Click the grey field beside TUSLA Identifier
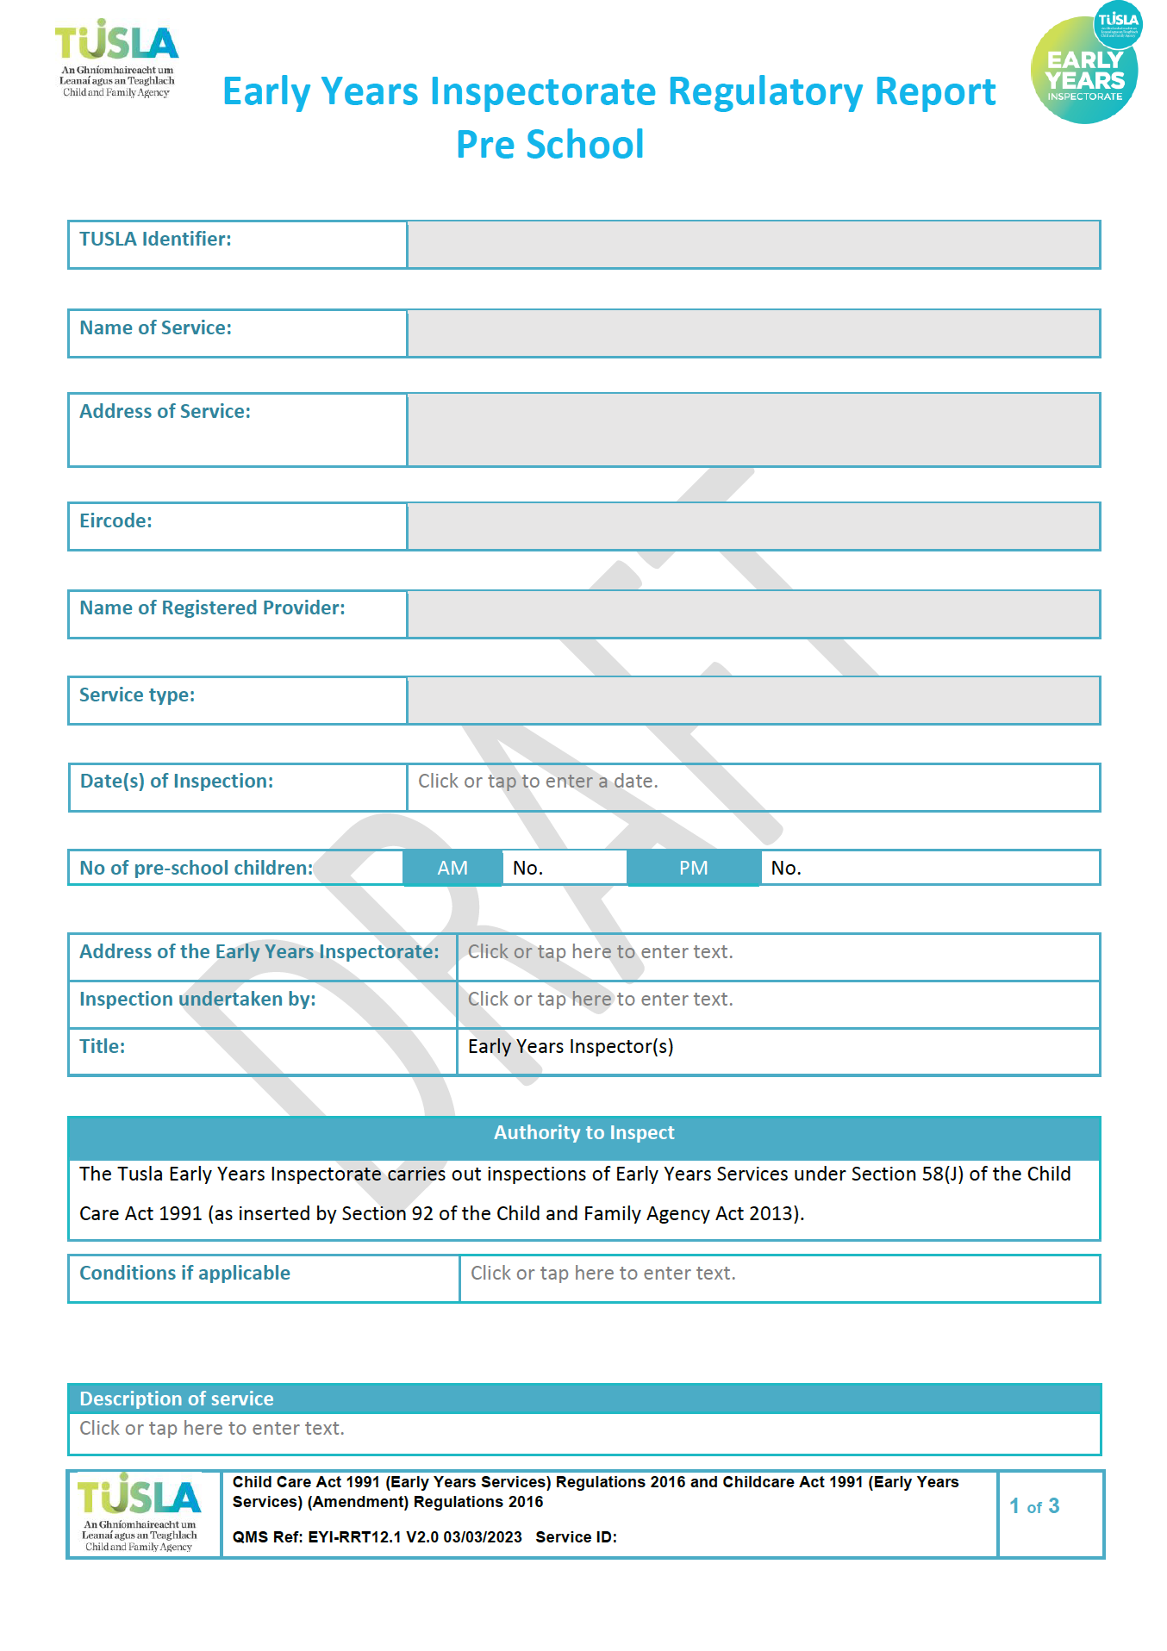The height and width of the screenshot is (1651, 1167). tap(753, 245)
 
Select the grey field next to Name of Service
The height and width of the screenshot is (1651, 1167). tap(753, 333)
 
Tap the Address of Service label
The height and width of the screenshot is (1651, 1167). tap(165, 412)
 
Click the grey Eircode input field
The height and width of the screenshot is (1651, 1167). tap(753, 526)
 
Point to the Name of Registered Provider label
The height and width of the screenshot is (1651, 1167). tap(212, 608)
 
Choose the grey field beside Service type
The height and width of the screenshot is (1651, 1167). tap(753, 701)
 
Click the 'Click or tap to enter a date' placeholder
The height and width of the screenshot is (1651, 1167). tap(538, 782)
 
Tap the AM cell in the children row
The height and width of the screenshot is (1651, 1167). tap(452, 868)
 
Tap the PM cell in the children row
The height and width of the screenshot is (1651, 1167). tap(693, 868)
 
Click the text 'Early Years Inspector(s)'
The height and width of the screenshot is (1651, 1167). tap(571, 1047)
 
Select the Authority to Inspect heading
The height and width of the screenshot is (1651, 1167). tap(583, 1133)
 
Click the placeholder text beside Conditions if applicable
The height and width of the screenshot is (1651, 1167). tap(602, 1274)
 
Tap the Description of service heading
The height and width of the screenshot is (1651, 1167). tap(177, 1399)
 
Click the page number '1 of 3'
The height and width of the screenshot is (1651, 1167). tap(1034, 1506)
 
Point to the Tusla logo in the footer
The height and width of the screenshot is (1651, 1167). tap(140, 1512)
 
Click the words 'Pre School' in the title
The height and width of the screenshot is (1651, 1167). tap(550, 145)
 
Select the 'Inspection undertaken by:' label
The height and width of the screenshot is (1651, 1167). tap(197, 1000)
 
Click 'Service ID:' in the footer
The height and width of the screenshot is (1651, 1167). tap(576, 1537)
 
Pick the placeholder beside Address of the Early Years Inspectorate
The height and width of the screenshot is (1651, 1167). tap(600, 952)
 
